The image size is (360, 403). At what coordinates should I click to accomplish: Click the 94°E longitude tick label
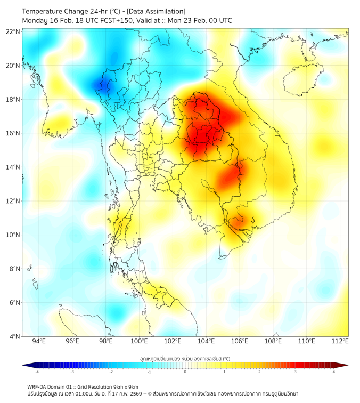(x=39, y=342)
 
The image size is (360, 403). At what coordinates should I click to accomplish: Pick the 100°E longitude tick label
(x=140, y=342)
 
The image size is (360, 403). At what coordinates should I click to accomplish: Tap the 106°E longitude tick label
(x=240, y=342)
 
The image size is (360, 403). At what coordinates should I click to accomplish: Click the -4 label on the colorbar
(x=37, y=372)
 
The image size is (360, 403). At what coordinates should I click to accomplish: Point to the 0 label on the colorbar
(x=185, y=372)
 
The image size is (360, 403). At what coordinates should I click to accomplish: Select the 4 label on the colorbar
(x=334, y=372)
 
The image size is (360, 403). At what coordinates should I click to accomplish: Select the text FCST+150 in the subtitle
(x=116, y=20)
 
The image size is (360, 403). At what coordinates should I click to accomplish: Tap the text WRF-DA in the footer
(x=38, y=386)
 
